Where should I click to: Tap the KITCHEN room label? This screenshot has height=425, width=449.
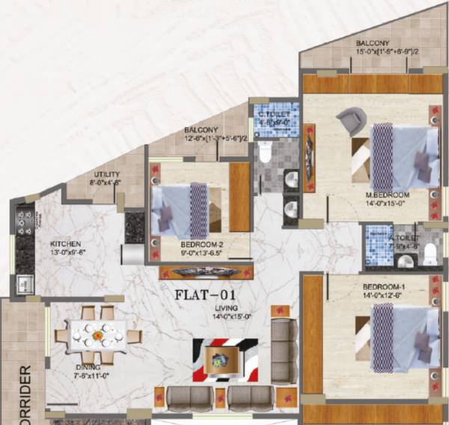(x=66, y=245)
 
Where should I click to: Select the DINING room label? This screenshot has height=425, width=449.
(x=88, y=367)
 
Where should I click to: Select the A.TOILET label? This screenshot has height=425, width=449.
(x=404, y=237)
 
